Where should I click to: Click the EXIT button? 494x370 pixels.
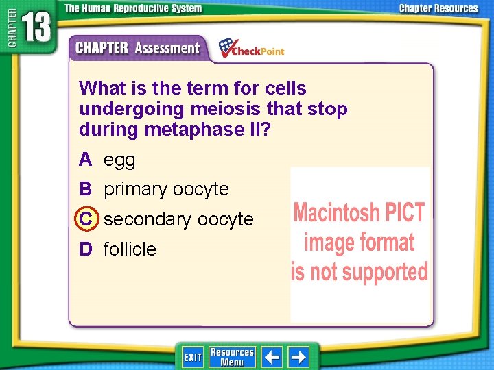pos(193,357)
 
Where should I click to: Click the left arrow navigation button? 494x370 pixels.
pos(272,357)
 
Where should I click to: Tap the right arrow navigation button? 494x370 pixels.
pos(298,357)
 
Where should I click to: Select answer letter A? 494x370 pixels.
pos(85,160)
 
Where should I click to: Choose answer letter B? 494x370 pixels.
pos(85,189)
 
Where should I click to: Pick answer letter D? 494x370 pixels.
pos(85,249)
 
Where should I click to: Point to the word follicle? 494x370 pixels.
pos(130,249)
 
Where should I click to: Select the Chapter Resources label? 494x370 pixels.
pos(438,9)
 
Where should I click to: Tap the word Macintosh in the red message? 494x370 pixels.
pos(335,213)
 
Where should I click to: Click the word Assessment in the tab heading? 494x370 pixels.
pos(167,49)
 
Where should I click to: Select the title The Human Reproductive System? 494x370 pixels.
pos(133,9)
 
